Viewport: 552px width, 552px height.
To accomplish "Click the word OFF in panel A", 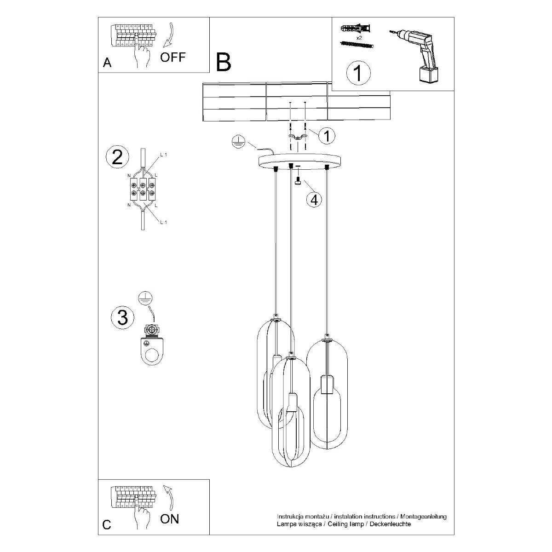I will point(172,57).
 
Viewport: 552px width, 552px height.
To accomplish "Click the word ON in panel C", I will point(169,519).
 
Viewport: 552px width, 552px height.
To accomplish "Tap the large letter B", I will point(224,62).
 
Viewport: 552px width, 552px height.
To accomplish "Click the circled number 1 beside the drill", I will point(358,73).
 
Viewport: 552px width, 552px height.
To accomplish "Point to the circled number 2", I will point(117,157).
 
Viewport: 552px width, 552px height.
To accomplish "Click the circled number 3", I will point(122,317).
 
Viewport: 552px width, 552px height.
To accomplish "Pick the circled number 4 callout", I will point(314,200).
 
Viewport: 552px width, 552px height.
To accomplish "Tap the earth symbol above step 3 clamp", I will point(145,299).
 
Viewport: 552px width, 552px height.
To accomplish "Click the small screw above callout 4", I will point(298,182).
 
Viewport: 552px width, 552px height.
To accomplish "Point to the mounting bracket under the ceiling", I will point(299,137).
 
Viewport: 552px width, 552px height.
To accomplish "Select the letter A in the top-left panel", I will point(107,63).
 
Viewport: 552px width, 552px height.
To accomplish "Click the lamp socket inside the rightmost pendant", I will point(326,385).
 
